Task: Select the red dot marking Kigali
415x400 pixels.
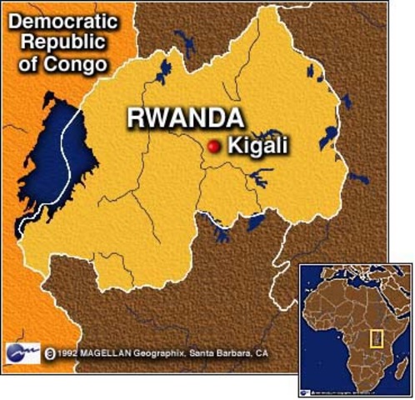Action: [x=214, y=146]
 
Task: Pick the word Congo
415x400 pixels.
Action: [x=85, y=63]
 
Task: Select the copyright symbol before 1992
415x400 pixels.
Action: [x=50, y=353]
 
